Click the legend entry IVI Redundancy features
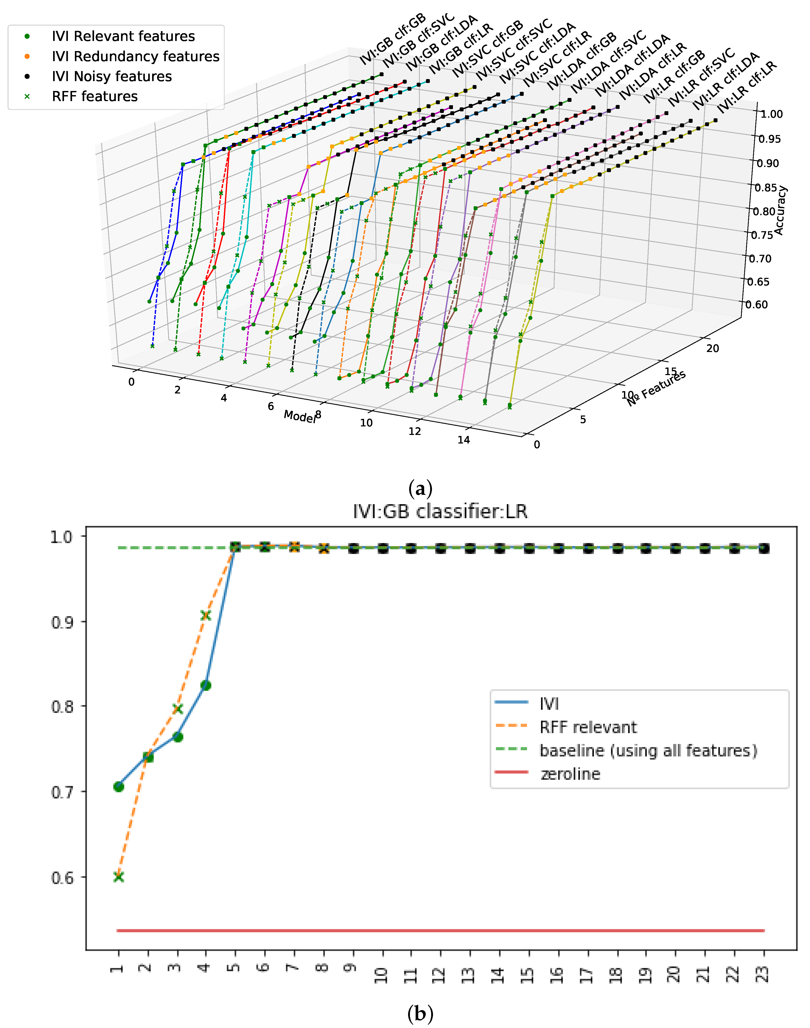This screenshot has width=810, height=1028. point(135,57)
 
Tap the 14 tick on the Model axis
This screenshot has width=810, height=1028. point(463,440)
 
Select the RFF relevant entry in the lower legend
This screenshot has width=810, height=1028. point(588,727)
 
